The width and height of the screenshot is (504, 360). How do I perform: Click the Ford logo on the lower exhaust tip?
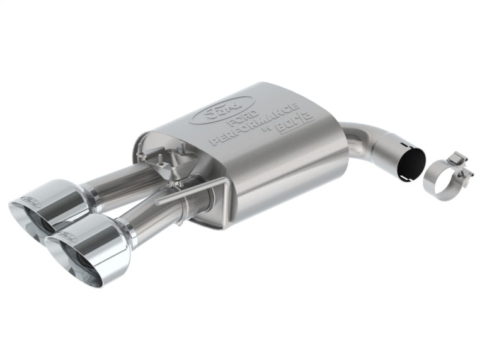(x=65, y=238)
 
